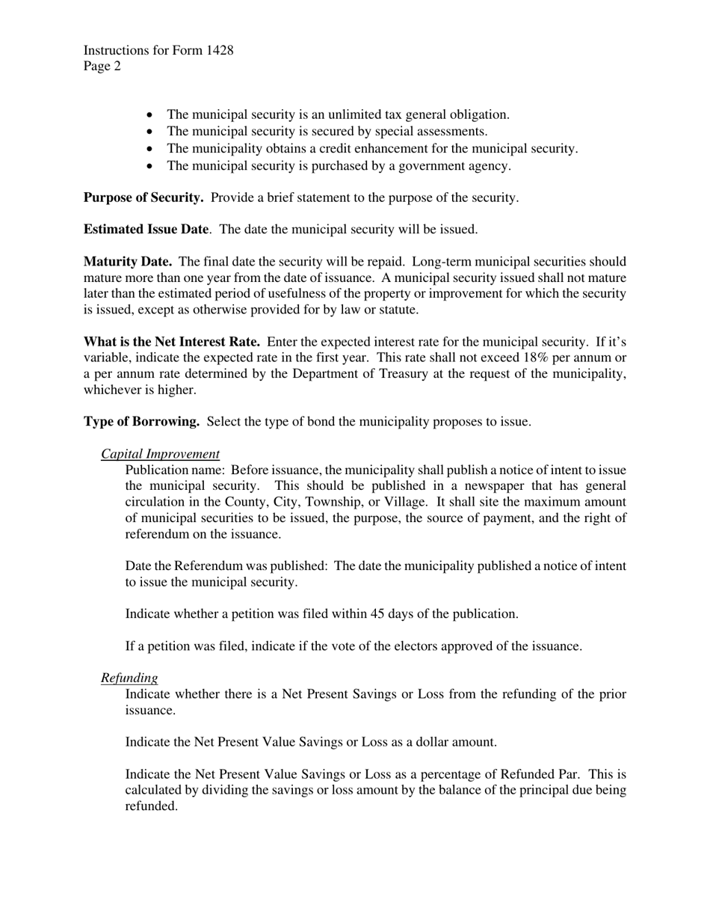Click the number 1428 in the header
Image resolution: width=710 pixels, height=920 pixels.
[218, 51]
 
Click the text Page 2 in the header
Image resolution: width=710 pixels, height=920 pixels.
[102, 67]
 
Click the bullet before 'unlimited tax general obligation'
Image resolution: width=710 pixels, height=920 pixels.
[150, 115]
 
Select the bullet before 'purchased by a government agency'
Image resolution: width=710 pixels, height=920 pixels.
[150, 166]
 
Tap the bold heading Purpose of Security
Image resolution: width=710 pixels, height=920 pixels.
[143, 198]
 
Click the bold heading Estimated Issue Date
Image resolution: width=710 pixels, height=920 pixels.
[146, 230]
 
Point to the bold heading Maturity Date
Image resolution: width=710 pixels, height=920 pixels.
[128, 262]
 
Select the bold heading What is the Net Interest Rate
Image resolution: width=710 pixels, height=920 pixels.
[172, 342]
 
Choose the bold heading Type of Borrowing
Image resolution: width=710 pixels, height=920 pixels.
[141, 422]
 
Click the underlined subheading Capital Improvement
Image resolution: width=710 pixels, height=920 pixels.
[160, 454]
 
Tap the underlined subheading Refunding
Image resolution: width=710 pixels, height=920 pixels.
[129, 678]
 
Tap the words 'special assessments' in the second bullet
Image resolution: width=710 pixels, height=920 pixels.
[430, 132]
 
